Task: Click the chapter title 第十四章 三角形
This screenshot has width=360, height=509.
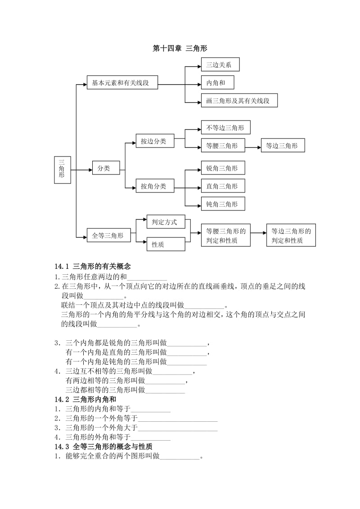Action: point(180,48)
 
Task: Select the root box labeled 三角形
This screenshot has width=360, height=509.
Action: point(62,170)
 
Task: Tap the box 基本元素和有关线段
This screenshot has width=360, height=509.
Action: point(122,83)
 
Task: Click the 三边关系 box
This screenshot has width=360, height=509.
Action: point(220,64)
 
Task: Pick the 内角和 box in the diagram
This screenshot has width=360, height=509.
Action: point(217,82)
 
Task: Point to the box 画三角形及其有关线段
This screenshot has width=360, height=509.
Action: point(239,101)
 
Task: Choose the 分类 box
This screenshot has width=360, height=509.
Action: point(106,168)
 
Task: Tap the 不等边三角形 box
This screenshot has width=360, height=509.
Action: point(225,127)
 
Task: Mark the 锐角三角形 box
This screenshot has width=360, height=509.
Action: point(223,168)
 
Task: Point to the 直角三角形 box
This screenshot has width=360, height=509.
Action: point(223,186)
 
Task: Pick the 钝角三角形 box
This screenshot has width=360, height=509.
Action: point(223,204)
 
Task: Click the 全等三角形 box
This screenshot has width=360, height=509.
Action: point(108,235)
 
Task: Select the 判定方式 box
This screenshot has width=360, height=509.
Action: point(166,222)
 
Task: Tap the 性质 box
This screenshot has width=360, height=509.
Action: point(166,244)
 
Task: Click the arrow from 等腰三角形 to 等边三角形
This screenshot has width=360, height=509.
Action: point(253,146)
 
